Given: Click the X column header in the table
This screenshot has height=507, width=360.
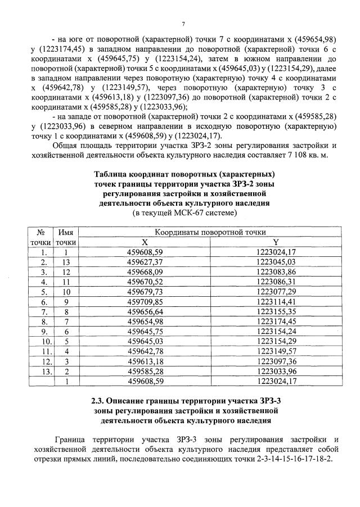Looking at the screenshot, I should click(x=145, y=242).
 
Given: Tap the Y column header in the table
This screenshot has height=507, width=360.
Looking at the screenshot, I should click(x=275, y=242).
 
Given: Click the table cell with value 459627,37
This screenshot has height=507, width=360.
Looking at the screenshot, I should click(x=145, y=262).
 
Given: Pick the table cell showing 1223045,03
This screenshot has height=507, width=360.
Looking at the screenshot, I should click(x=275, y=262).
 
